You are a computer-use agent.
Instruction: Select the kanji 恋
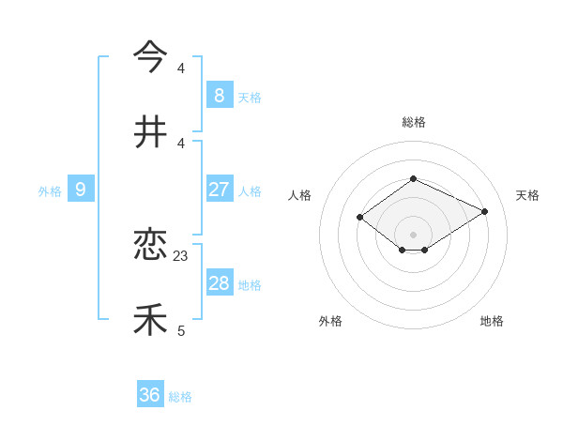[x=150, y=245]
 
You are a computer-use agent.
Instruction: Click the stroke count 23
[x=181, y=255]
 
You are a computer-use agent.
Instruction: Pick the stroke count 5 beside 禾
[x=181, y=330]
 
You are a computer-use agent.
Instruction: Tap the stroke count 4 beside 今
[x=181, y=68]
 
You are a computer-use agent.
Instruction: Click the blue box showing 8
[x=219, y=95]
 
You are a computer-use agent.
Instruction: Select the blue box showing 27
[x=219, y=190]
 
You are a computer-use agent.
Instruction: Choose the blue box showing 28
[x=219, y=283]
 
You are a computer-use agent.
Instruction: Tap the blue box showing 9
[x=81, y=190]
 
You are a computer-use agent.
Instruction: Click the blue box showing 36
[x=149, y=395]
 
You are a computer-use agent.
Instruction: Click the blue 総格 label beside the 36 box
[x=180, y=397]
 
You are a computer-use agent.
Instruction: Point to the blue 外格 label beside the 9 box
[x=50, y=191]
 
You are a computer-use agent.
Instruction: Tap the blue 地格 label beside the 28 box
[x=250, y=285]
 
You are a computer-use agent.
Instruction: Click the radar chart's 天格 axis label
[x=527, y=195]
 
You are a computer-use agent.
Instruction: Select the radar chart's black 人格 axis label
[x=299, y=195]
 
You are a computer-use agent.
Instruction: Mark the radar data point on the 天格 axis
[x=485, y=211]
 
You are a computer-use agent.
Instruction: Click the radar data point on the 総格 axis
[x=413, y=178]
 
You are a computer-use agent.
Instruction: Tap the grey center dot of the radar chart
[x=413, y=235]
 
